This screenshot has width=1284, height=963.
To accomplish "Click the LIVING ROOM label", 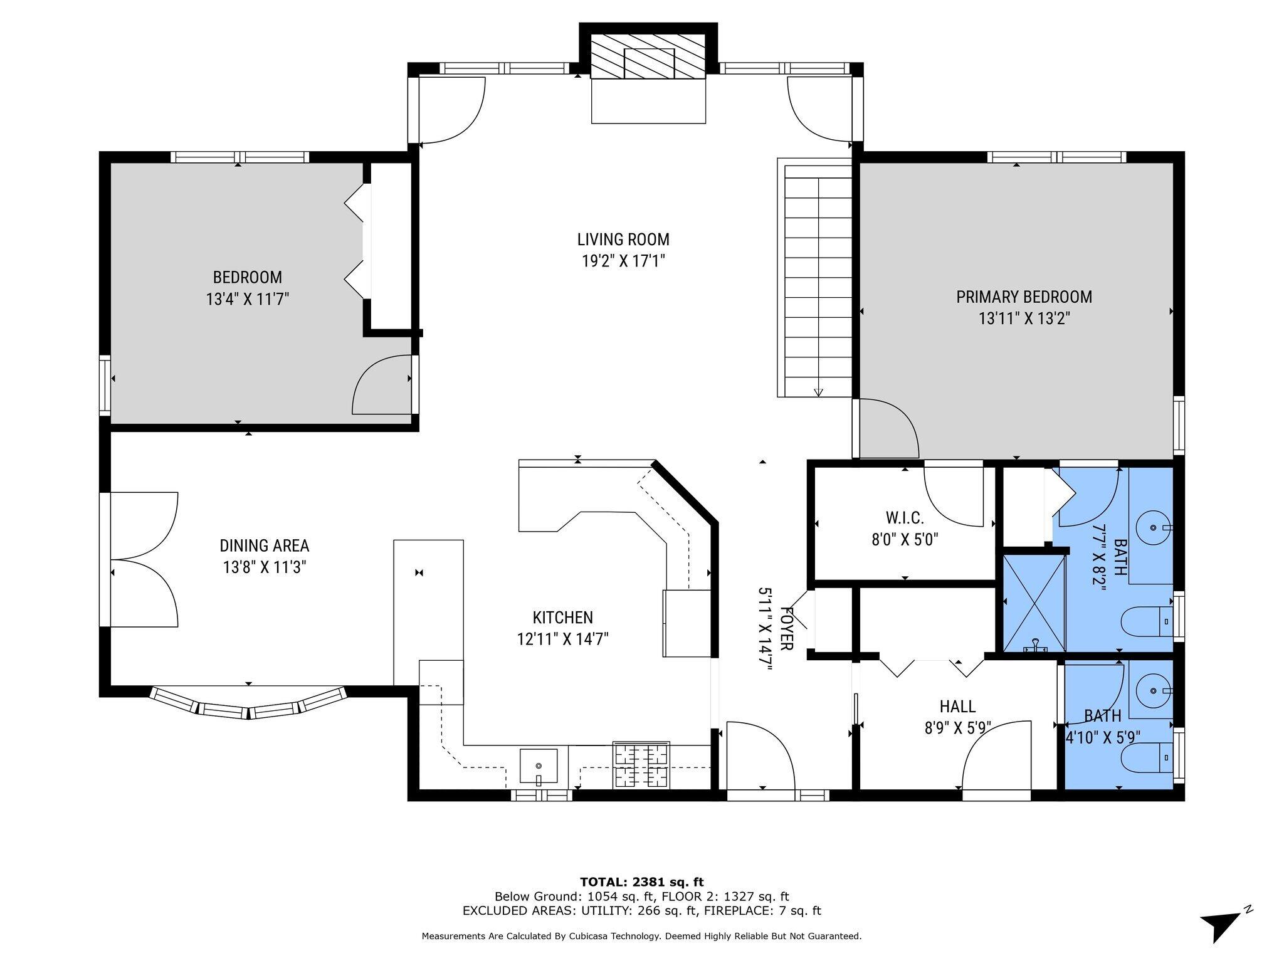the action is coord(623,239).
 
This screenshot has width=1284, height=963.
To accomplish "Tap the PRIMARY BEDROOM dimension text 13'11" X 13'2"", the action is coord(1024,318).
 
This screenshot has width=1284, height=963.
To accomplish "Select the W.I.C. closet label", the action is coord(905,518).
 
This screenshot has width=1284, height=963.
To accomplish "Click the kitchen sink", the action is coord(539,767).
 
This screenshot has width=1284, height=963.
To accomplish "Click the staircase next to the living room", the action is coord(815,277).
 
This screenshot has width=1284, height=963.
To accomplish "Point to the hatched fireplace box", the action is coord(648,56).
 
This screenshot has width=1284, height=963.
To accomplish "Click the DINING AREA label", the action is coord(264,545).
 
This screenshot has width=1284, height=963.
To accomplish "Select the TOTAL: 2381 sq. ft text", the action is coord(641,883).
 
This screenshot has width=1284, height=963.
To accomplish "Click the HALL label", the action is coord(957,707).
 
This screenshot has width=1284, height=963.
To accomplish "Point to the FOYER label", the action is coord(786,628).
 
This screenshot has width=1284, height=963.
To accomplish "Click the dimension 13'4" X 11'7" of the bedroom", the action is coord(248,298).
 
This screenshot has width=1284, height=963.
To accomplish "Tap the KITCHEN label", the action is coord(562,618).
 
